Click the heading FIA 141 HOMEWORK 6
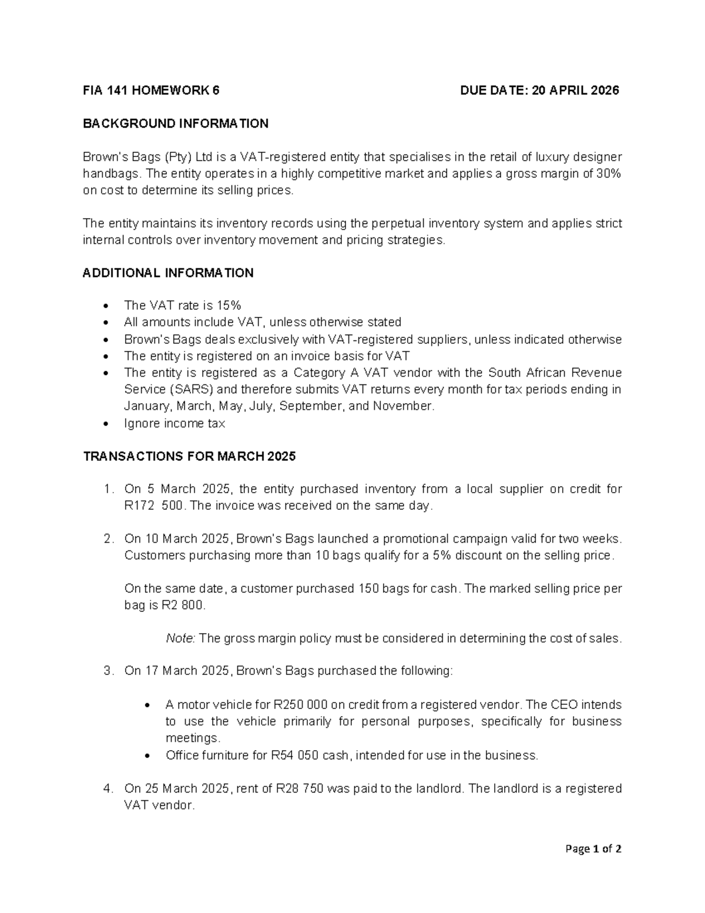[151, 91]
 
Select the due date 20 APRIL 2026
[575, 91]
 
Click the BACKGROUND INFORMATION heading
[176, 123]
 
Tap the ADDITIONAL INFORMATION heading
[168, 273]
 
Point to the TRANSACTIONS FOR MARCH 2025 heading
[189, 457]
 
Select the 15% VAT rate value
[228, 306]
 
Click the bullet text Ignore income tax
[174, 423]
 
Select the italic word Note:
[180, 638]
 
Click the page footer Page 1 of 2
[593, 849]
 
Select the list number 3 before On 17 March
[108, 671]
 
